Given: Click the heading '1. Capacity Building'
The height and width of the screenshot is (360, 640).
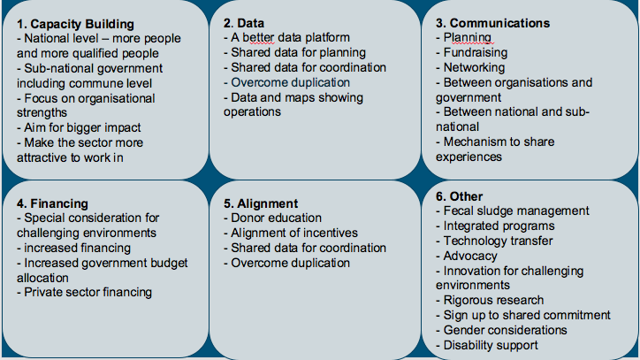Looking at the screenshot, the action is point(75,24).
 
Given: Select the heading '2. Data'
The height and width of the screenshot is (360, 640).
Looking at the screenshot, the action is point(244,23).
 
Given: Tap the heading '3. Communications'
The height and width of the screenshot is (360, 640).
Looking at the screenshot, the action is point(492,23).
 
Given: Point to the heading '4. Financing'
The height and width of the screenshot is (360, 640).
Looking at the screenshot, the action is point(52,203).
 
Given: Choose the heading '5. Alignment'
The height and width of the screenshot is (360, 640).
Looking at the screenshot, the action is point(261,203).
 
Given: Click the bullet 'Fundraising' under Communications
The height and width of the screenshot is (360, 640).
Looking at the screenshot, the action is point(476,53).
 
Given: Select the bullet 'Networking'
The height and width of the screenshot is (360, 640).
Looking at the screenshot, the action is point(475,67).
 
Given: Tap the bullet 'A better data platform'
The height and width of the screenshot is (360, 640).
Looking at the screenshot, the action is point(290,38).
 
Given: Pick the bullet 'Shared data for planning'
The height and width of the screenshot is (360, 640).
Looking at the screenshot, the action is point(299,53).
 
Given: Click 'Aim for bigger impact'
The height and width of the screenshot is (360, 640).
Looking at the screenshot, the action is point(82,128).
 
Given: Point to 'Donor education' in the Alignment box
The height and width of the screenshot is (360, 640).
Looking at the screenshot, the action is point(277,218).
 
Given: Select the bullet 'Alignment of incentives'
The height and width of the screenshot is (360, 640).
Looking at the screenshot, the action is point(294,233).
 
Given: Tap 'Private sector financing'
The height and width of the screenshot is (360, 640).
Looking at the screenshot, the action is point(88,292).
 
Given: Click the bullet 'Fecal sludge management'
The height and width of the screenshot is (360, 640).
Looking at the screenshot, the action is point(516,211).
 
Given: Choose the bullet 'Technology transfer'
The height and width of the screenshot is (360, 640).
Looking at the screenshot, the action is point(498,241).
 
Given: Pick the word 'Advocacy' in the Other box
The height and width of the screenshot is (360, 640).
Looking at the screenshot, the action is point(470,257).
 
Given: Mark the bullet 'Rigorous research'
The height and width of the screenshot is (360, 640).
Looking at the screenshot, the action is point(493,301).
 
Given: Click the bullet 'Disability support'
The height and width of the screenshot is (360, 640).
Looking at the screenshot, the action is point(491,345).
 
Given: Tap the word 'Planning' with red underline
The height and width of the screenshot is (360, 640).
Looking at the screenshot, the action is point(468,38).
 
